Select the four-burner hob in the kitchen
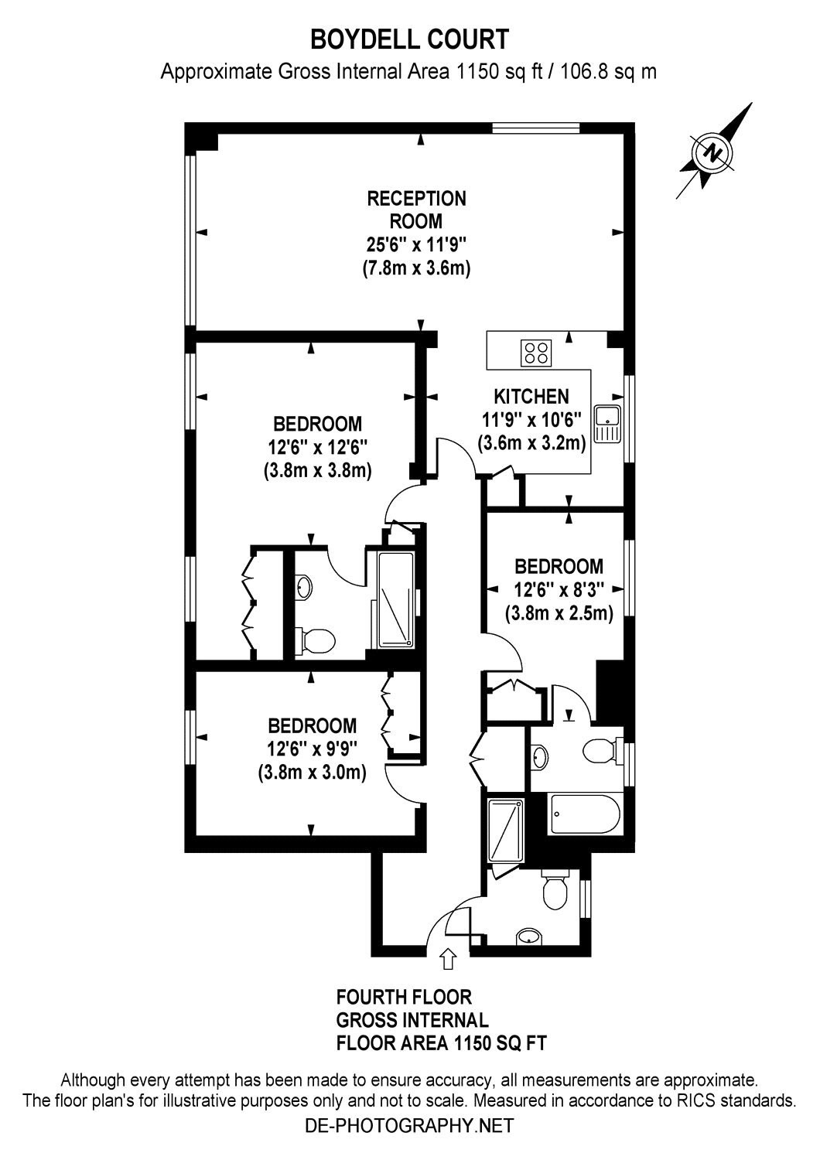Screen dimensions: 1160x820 click(537, 353)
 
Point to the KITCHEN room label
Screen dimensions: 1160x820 click(531, 396)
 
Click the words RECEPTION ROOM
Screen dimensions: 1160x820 click(416, 210)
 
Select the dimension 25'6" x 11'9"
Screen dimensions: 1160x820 click(416, 245)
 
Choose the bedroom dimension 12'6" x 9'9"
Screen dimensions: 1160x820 click(312, 749)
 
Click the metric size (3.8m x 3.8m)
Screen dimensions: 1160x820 click(317, 470)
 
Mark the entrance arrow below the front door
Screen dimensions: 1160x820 click(447, 959)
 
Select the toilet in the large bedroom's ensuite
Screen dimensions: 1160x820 click(316, 640)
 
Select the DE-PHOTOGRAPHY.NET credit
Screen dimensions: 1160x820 click(409, 1124)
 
